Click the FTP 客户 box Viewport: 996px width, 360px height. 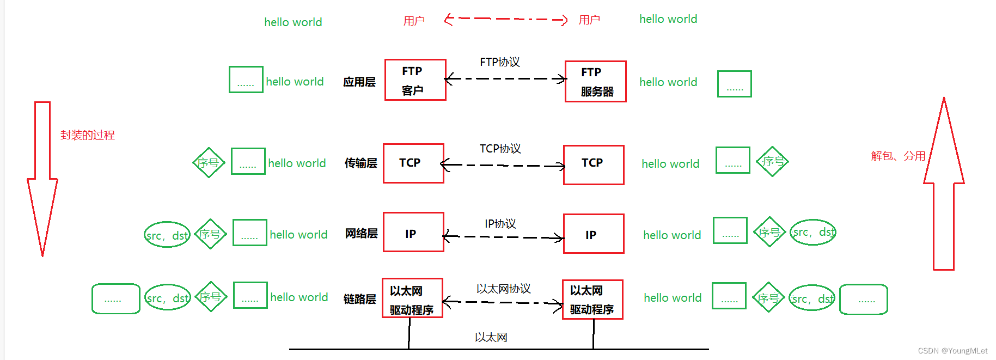click(415, 80)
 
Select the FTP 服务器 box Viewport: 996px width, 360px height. click(595, 82)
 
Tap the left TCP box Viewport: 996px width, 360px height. click(413, 163)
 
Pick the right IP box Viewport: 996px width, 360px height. click(593, 234)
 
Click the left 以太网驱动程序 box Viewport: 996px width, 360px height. click(412, 298)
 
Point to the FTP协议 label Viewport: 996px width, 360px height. click(499, 62)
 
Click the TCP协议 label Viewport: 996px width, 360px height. click(500, 149)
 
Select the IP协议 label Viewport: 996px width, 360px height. click(500, 224)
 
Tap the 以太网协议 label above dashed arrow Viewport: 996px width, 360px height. click(503, 289)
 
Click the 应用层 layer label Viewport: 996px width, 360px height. click(359, 82)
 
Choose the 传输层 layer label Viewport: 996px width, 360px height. click(360, 163)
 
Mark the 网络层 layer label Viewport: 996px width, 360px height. click(361, 234)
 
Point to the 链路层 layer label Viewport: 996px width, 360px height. click(359, 299)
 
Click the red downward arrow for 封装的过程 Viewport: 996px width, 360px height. click(42, 180)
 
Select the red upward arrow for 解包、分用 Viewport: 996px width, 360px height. click(944, 185)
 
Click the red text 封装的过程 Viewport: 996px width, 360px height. click(87, 135)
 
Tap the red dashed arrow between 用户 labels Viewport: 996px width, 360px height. click(505, 20)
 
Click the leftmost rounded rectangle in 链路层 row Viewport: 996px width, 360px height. click(115, 298)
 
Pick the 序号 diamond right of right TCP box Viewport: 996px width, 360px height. click(772, 161)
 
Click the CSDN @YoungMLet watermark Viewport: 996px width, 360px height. click(952, 351)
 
